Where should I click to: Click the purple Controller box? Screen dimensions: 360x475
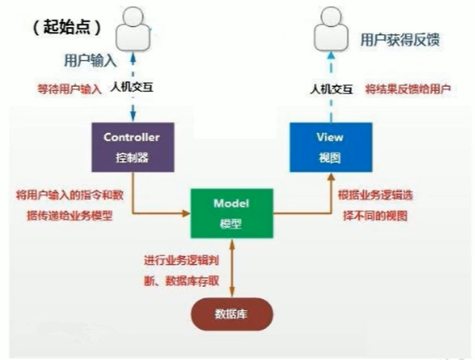pyautogui.click(x=131, y=145)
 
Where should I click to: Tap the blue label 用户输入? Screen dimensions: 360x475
pyautogui.click(x=91, y=59)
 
